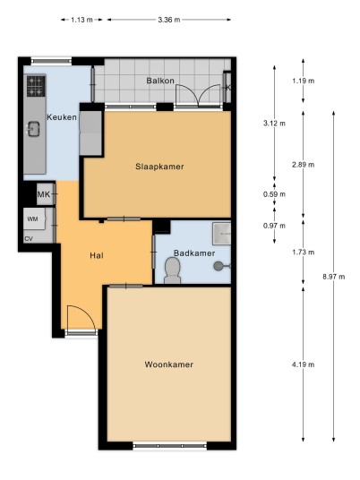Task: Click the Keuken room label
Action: (62, 117)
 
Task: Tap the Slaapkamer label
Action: (159, 167)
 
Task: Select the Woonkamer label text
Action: (169, 364)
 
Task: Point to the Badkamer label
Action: (194, 253)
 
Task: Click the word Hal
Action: (97, 255)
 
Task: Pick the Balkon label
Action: (160, 81)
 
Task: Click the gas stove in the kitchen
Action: (36, 86)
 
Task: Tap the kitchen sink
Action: (33, 129)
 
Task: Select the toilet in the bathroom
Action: (172, 270)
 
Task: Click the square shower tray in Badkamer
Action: (221, 234)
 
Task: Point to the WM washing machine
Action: (34, 219)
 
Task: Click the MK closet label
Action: (44, 194)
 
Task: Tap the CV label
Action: (29, 239)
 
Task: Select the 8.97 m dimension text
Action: (334, 277)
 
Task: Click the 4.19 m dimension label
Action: (303, 364)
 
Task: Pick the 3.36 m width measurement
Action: (169, 20)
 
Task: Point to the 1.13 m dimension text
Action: (81, 20)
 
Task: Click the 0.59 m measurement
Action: (274, 194)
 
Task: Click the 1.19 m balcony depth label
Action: (303, 81)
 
